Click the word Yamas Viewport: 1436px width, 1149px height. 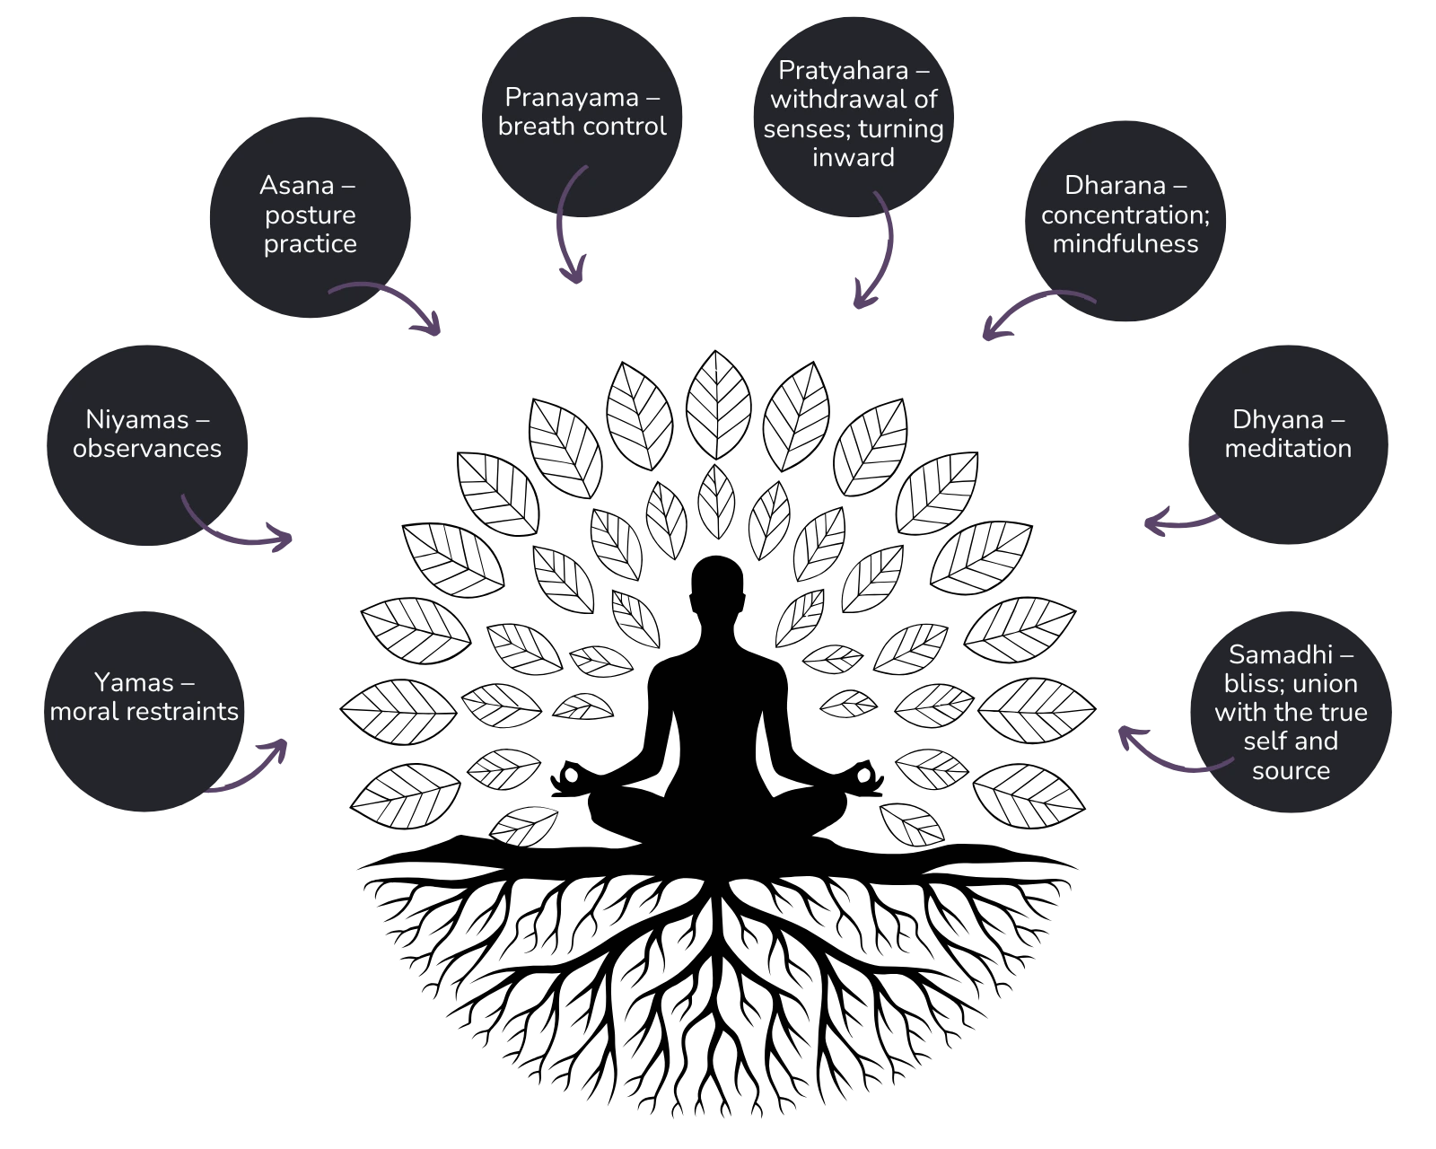(134, 683)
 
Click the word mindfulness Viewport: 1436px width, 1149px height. (1125, 244)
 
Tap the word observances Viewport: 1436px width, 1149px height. (147, 449)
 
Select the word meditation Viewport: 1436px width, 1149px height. (1288, 449)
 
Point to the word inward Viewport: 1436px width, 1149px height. (853, 158)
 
